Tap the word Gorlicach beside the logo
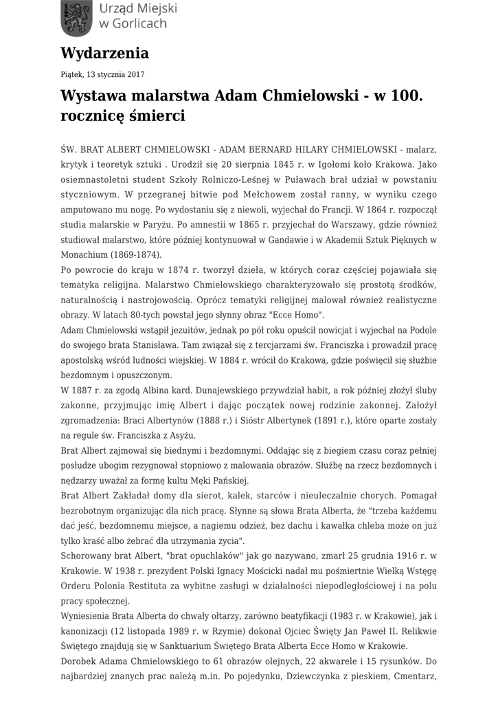139,24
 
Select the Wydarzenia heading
104,52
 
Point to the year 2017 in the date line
135,74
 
